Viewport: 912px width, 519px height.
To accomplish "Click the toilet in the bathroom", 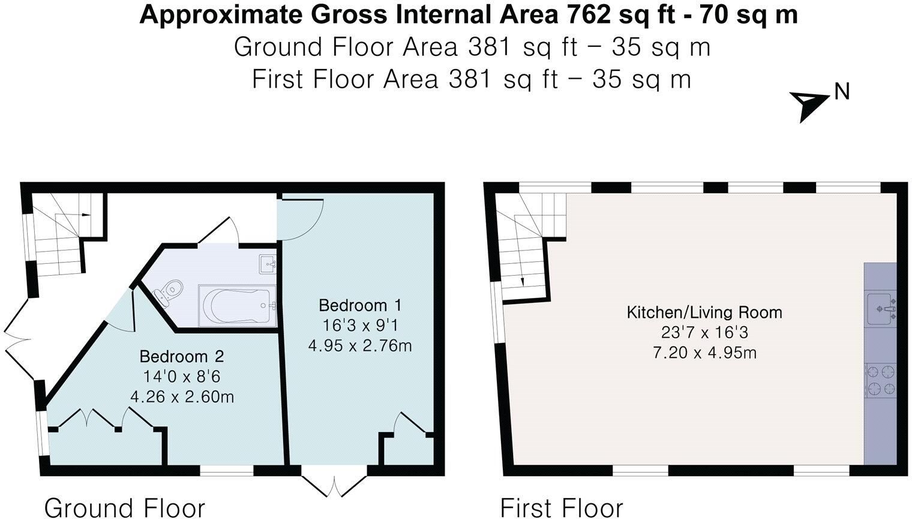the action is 168,290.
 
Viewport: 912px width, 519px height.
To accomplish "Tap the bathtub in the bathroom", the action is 236,305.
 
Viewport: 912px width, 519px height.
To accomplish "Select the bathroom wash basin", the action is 268,264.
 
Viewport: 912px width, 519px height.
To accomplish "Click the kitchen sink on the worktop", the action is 881,309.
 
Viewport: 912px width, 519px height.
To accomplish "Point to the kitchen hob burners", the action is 881,380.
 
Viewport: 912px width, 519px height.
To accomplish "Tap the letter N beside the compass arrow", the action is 842,92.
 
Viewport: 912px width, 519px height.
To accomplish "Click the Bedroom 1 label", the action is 360,305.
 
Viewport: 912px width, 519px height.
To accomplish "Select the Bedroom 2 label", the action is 182,356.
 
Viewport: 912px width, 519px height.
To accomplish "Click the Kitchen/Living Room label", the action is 704,312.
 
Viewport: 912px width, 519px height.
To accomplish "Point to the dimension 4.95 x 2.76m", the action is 360,346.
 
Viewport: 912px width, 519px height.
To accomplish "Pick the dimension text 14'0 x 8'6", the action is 182,376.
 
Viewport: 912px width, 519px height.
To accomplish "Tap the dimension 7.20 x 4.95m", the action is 704,353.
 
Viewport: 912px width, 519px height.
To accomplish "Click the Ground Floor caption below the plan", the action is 124,508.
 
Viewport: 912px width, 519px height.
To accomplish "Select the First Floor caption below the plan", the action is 562,508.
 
